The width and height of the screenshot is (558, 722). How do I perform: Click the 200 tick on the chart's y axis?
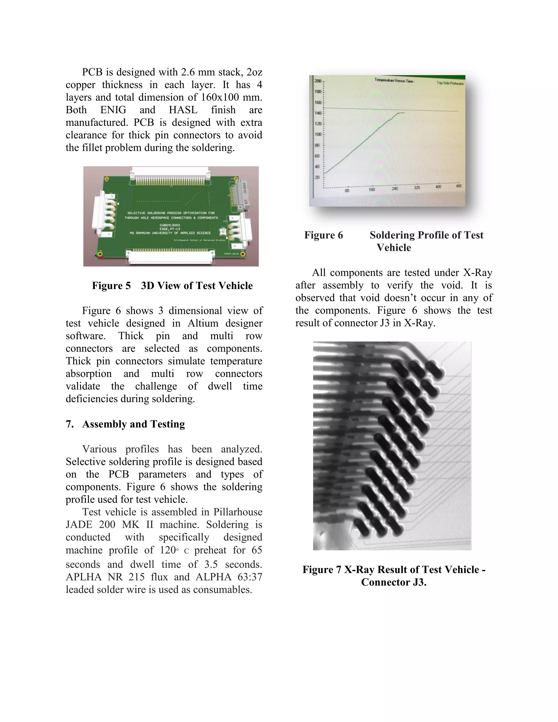pyautogui.click(x=318, y=81)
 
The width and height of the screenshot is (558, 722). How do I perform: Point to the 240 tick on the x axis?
pyautogui.click(x=395, y=189)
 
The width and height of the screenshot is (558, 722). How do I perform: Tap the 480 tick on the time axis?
pyautogui.click(x=459, y=186)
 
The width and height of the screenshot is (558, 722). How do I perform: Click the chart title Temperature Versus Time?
pyautogui.click(x=394, y=80)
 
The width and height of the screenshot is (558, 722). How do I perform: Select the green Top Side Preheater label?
pyautogui.click(x=450, y=83)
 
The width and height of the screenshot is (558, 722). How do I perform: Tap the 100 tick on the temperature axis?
pyautogui.click(x=318, y=135)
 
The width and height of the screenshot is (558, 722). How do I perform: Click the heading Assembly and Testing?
pyautogui.click(x=133, y=424)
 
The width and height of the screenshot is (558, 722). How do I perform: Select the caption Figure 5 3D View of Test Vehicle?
pyautogui.click(x=172, y=286)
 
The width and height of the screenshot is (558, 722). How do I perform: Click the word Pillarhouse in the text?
pyautogui.click(x=238, y=512)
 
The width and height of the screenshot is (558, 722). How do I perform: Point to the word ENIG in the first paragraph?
pyautogui.click(x=113, y=110)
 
